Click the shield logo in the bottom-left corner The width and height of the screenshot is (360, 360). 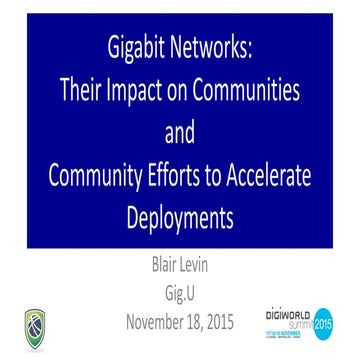(x=34, y=327)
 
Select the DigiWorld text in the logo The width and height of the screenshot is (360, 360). (x=289, y=313)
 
